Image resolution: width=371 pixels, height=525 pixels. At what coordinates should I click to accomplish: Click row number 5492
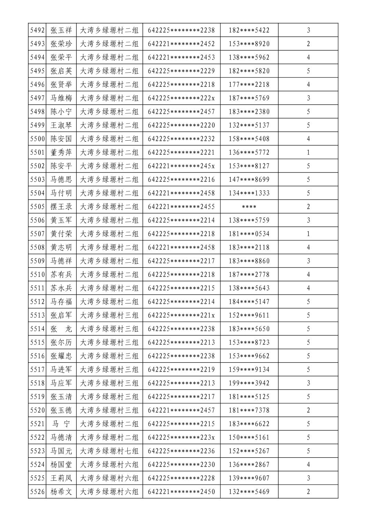click(37, 30)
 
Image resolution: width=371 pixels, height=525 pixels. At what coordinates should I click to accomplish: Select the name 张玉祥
click(61, 30)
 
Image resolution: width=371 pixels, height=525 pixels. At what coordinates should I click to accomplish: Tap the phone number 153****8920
click(249, 44)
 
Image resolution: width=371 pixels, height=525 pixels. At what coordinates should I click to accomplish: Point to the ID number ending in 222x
click(181, 98)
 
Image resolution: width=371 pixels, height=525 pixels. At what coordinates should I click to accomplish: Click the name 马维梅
click(61, 98)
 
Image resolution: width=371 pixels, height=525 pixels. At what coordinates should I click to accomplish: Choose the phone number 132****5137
click(249, 125)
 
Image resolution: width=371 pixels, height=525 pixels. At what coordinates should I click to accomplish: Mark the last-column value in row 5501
click(308, 152)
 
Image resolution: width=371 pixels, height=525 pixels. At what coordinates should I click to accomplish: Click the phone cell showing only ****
click(249, 207)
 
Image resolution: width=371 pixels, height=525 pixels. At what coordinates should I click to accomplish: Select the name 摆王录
click(61, 207)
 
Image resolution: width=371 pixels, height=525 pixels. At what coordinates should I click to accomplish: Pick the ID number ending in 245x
click(181, 166)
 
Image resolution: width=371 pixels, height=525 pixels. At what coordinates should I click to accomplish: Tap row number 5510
click(37, 274)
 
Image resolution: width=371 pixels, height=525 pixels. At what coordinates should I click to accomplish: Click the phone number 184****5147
click(249, 302)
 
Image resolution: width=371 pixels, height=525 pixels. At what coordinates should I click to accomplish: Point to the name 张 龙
click(61, 329)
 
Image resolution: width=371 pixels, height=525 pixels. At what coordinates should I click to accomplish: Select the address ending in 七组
click(109, 451)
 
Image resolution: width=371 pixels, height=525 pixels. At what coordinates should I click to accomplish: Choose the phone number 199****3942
click(249, 383)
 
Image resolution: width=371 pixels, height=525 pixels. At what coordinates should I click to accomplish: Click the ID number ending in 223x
click(181, 437)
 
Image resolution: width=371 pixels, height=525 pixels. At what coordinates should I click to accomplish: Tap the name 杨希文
click(61, 491)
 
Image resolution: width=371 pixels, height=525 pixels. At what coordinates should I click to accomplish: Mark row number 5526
click(37, 491)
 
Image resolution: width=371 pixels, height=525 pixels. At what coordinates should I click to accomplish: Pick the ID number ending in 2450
click(181, 491)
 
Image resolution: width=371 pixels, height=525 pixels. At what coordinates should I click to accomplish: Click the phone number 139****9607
click(249, 478)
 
